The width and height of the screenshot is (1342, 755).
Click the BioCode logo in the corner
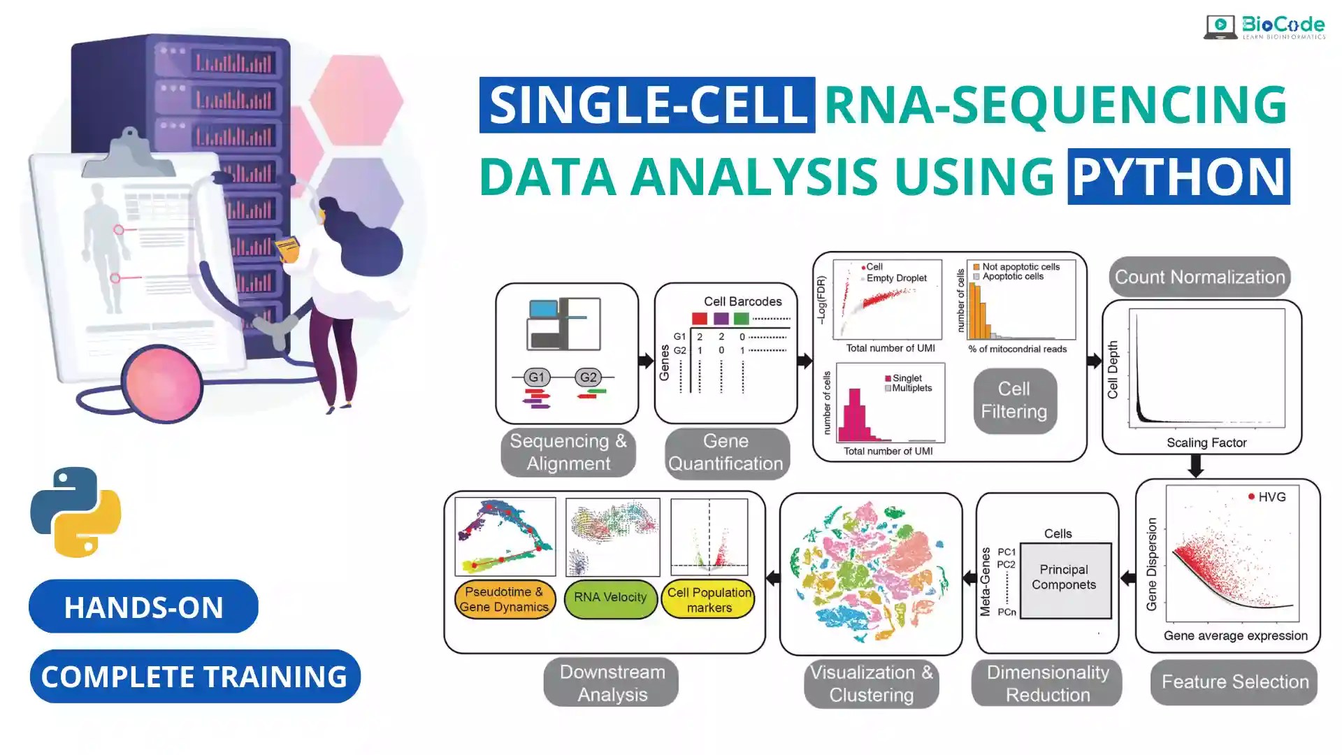(1264, 27)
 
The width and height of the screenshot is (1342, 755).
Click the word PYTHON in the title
(1178, 176)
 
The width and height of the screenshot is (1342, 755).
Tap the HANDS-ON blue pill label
(143, 607)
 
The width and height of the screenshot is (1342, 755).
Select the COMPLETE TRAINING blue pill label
(194, 677)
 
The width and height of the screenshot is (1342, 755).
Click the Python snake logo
(75, 512)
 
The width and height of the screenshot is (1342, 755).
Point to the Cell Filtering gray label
(1014, 401)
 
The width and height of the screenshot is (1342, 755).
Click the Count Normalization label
(1199, 277)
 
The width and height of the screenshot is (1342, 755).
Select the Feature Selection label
(1234, 682)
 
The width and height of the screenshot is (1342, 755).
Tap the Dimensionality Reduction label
(1047, 683)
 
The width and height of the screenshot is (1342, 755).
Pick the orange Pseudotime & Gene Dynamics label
(504, 599)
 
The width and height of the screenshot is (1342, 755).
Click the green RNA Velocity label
(610, 598)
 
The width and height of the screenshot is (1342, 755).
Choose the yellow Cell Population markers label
(709, 599)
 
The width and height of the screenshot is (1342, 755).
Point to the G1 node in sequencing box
(536, 377)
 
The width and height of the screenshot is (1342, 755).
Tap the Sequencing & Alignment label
(568, 452)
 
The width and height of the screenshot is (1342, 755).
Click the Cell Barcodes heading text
(742, 301)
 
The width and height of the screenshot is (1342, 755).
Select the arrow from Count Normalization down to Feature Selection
(1196, 466)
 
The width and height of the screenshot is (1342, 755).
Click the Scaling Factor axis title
(1206, 443)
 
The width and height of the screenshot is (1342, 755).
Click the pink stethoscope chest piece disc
(162, 384)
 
